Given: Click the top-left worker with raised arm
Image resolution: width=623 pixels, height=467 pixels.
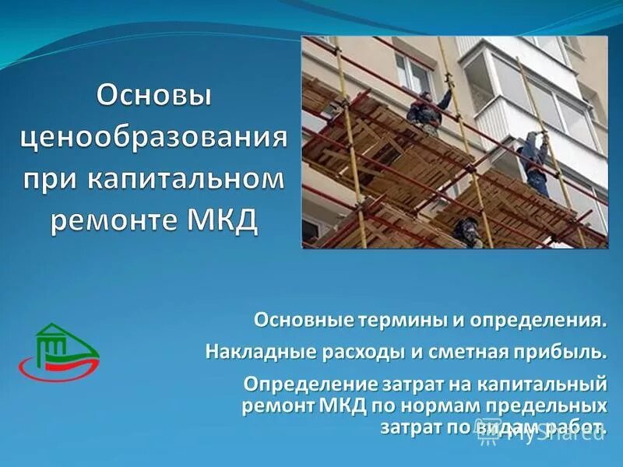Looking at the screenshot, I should tap(425, 108).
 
